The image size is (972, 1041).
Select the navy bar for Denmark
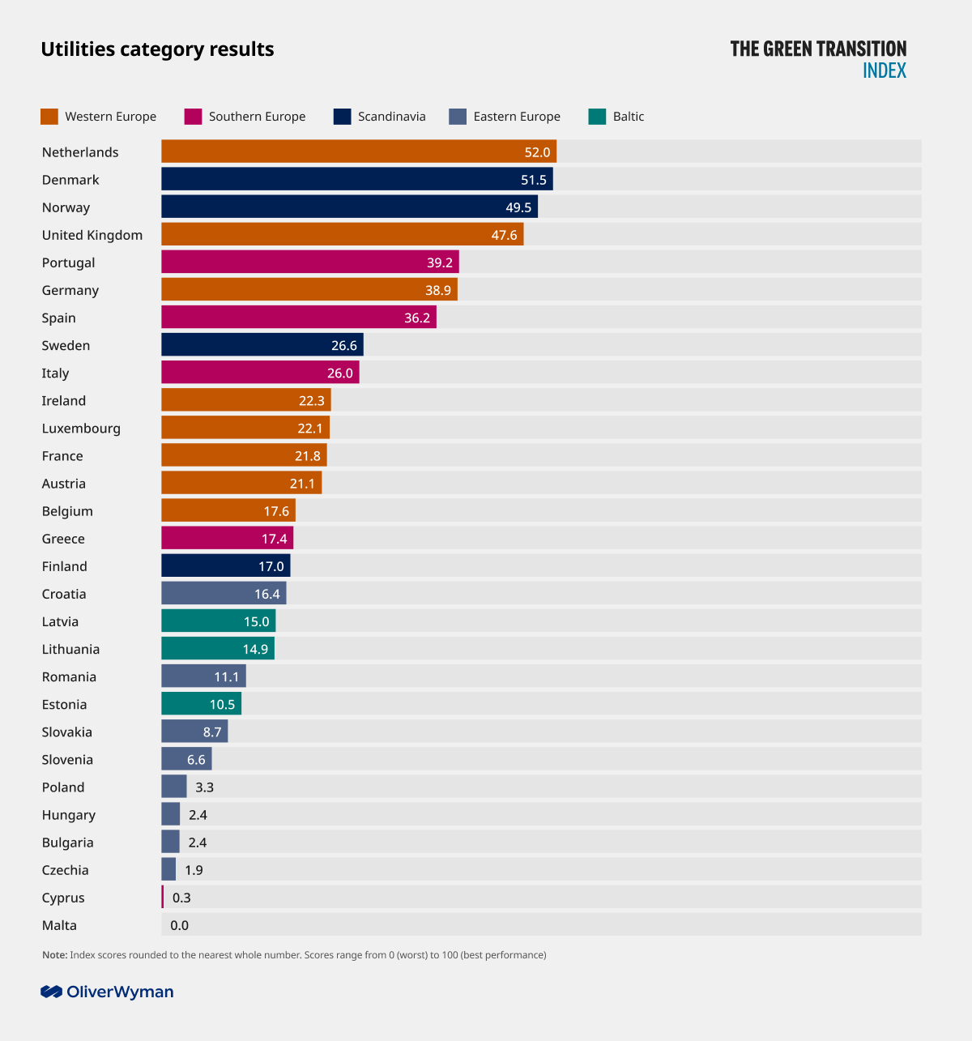pyautogui.click(x=356, y=179)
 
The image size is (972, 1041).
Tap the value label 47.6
pyautogui.click(x=504, y=235)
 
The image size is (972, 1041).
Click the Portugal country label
pyautogui.click(x=68, y=262)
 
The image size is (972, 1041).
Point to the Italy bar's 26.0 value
pyautogui.click(x=340, y=373)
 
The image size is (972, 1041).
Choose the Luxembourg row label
pyautogui.click(x=81, y=429)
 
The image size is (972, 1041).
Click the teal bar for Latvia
pyautogui.click(x=218, y=621)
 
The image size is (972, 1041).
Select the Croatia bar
pyautogui.click(x=224, y=594)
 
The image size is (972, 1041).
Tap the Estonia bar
pyautogui.click(x=201, y=704)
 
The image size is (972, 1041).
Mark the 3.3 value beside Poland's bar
pyautogui.click(x=204, y=787)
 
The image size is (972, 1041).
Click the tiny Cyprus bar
pyautogui.click(x=163, y=897)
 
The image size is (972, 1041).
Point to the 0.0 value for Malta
pyautogui.click(x=179, y=925)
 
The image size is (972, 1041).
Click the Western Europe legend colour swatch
pyautogui.click(x=49, y=117)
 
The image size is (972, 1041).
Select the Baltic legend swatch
pyautogui.click(x=597, y=117)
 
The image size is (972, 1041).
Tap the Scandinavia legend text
pyautogui.click(x=391, y=117)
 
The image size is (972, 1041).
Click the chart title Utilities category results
pyautogui.click(x=157, y=49)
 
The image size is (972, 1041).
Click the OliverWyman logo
pyautogui.click(x=107, y=992)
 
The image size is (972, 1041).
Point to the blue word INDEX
pyautogui.click(x=885, y=70)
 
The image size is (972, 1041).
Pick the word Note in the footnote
pyautogui.click(x=54, y=955)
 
